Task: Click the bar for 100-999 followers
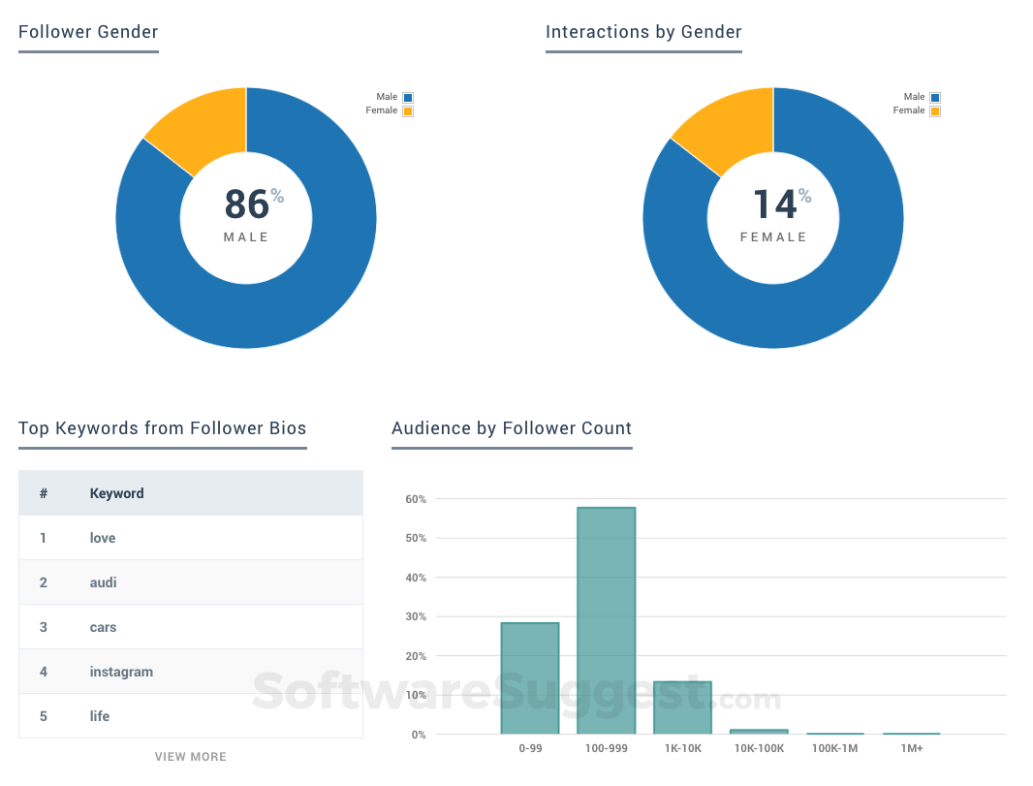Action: tap(606, 620)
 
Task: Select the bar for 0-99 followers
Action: tap(530, 678)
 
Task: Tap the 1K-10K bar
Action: tap(682, 707)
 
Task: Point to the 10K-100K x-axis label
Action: tap(758, 749)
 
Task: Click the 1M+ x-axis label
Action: tap(911, 749)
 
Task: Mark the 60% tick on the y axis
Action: tap(416, 499)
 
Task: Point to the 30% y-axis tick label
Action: tap(416, 617)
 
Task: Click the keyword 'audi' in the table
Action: tap(103, 582)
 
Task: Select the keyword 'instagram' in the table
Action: tap(121, 672)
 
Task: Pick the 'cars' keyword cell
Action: tap(103, 627)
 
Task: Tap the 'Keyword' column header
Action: tap(116, 493)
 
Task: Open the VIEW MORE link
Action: tap(191, 757)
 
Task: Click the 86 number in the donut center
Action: tap(246, 204)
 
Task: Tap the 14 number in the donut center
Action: tap(774, 204)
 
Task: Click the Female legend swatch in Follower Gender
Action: tap(408, 111)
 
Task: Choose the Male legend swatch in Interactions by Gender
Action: tap(935, 98)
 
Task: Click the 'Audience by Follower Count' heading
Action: tap(512, 428)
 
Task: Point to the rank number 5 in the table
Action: tap(44, 716)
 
